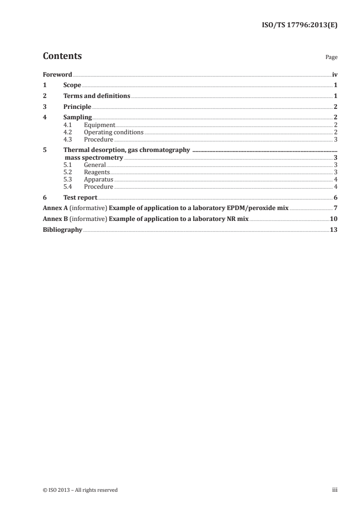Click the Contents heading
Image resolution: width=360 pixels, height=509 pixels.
pos(62,56)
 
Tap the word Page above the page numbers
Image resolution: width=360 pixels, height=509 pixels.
pos(331,58)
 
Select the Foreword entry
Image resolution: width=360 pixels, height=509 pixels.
pos(57,74)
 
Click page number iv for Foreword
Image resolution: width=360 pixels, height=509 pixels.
pos(335,74)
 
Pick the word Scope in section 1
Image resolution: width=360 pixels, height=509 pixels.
pos(72,85)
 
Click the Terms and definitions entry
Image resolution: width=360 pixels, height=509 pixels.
pos(97,96)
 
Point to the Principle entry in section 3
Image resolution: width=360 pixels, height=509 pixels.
pos(77,107)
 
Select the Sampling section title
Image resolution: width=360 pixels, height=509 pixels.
pos(78,118)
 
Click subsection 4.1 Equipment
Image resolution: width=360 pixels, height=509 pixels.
pos(99,125)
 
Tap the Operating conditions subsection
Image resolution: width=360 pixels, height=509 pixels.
pos(113,132)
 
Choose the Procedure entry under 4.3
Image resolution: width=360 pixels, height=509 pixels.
pos(99,139)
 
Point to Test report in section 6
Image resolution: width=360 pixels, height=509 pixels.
pos(80,197)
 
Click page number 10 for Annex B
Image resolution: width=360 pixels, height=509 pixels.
pos(334,219)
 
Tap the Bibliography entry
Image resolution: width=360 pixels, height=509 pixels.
pos(62,230)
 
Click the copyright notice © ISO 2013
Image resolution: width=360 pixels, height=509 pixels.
pos(80,490)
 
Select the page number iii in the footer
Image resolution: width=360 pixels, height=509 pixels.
pos(335,490)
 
